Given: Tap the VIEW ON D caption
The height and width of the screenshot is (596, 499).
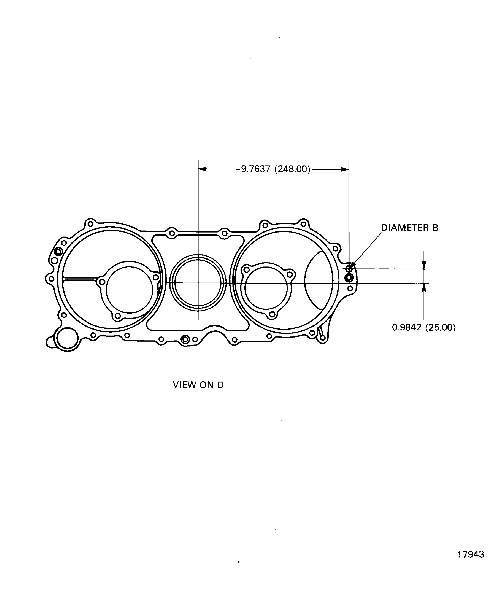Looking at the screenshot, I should (198, 385).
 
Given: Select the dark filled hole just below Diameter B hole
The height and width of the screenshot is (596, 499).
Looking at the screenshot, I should (349, 278).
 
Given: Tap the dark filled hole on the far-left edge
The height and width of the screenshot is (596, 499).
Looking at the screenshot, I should (58, 252).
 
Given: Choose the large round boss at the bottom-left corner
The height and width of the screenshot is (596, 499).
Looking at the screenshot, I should (67, 338).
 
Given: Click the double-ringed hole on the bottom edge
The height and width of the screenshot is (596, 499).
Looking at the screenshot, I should (185, 339).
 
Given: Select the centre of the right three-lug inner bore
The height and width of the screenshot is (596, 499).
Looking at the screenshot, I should (266, 287).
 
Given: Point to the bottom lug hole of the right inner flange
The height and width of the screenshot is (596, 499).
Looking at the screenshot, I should (272, 314).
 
